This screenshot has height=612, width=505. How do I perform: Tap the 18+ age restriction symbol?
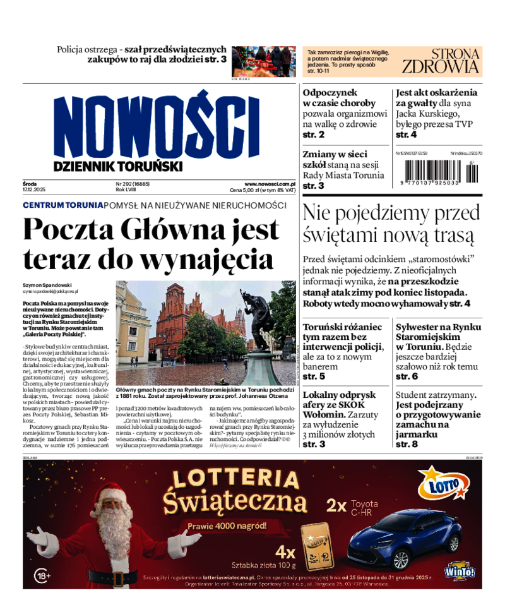[42, 576]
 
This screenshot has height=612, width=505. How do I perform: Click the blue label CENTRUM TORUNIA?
[62, 205]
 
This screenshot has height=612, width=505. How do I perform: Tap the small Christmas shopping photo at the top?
[263, 61]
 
